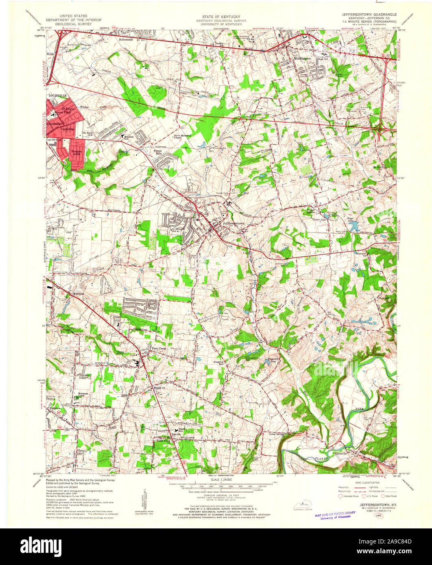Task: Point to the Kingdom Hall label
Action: (219, 363)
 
